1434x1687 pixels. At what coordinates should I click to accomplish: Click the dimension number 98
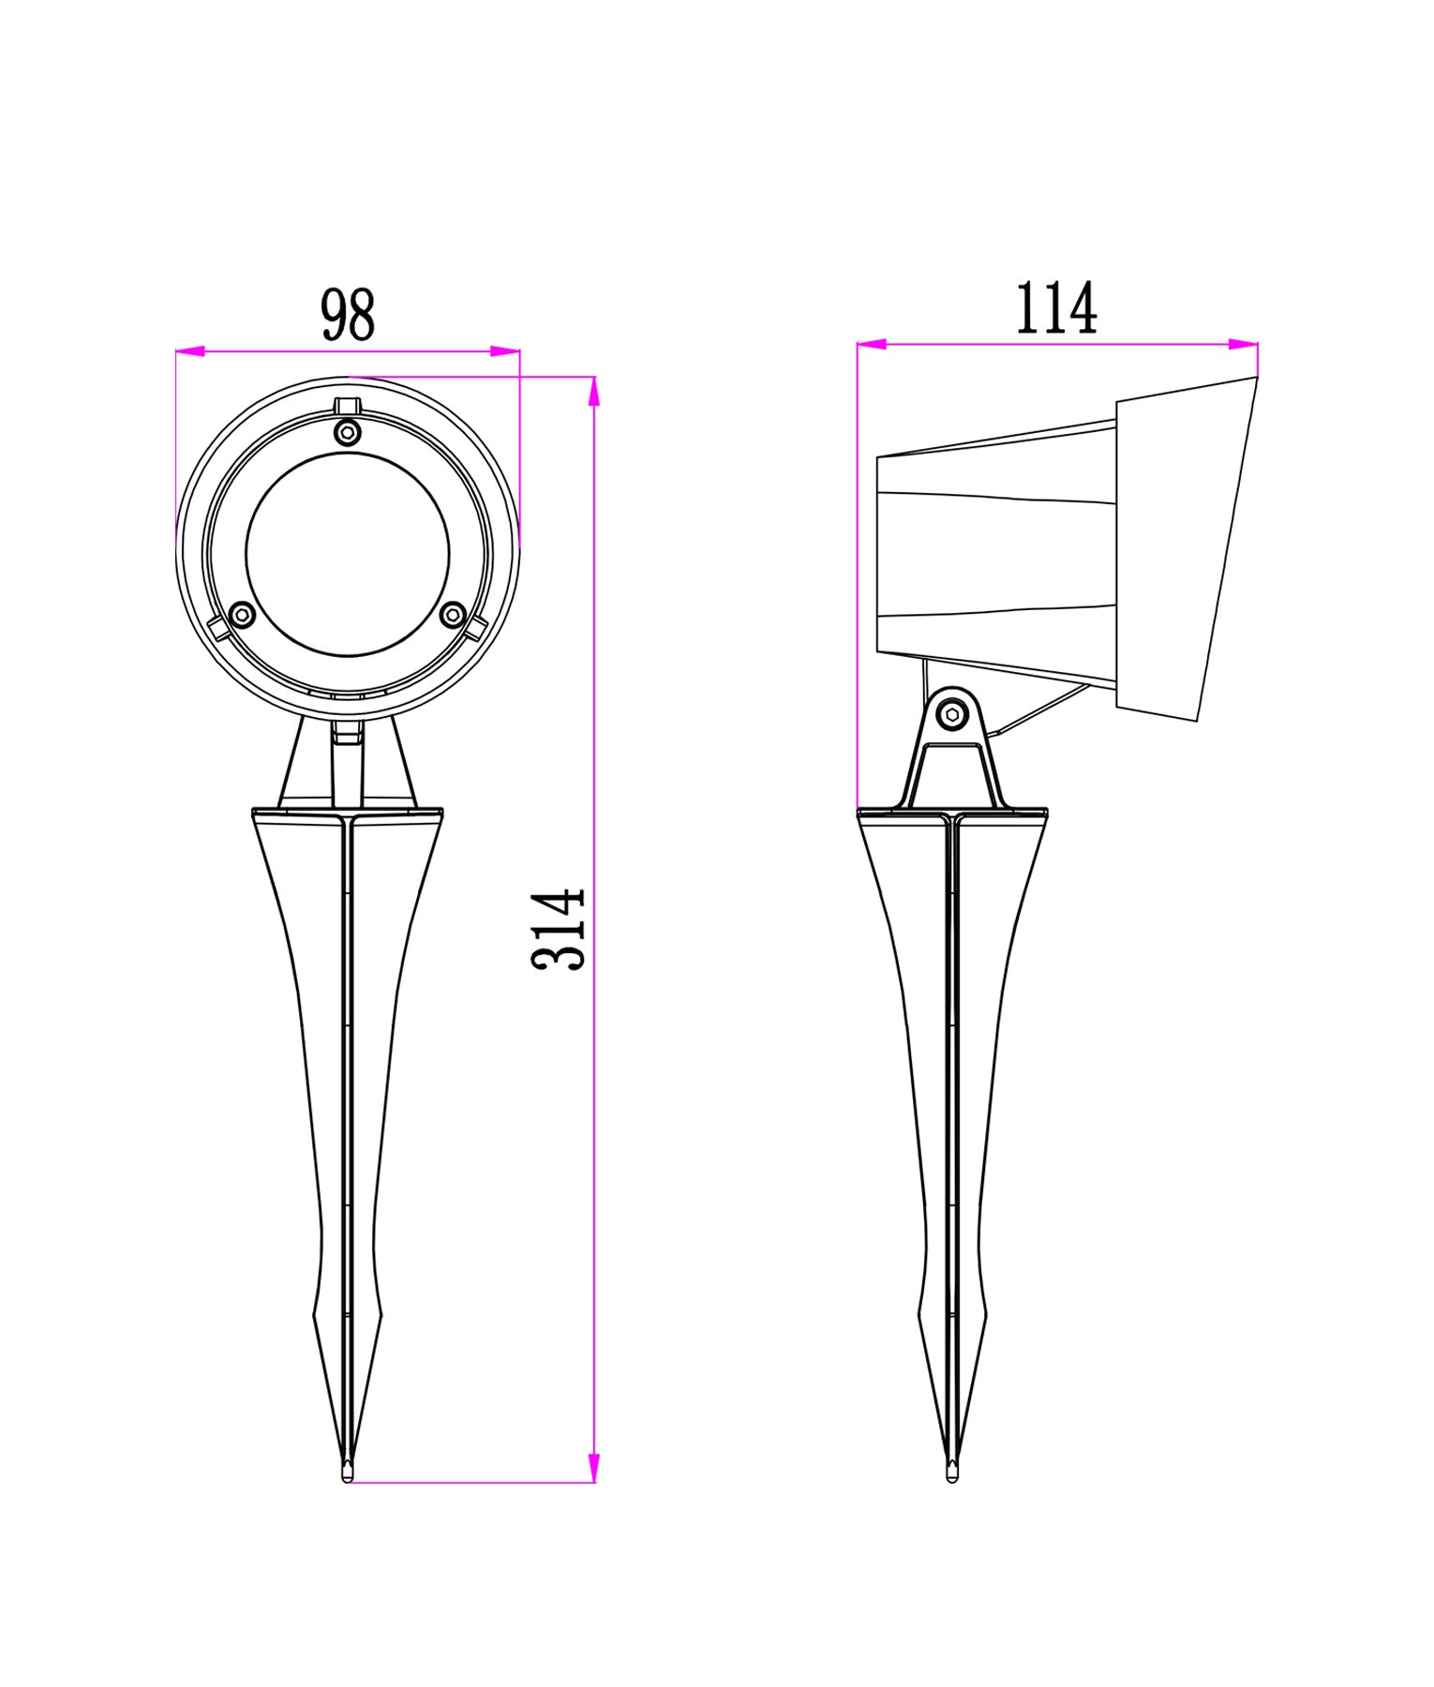click(x=348, y=315)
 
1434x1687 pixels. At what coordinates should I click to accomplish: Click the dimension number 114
click(x=1056, y=308)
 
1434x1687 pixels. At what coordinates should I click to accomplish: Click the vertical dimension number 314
click(x=559, y=929)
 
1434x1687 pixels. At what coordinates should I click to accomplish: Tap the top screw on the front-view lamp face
click(x=348, y=432)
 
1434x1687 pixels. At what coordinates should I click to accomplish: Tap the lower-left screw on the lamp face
click(x=243, y=615)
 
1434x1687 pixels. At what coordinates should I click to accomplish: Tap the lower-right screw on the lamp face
click(x=453, y=615)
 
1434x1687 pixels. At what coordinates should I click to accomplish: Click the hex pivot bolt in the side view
click(x=954, y=715)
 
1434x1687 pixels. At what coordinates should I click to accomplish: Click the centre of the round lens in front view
click(x=348, y=555)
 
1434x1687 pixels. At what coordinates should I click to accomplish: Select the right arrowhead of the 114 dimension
click(x=1245, y=345)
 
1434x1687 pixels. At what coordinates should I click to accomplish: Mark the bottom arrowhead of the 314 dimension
click(x=592, y=1467)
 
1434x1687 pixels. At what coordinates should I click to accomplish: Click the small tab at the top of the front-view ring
click(x=348, y=406)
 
